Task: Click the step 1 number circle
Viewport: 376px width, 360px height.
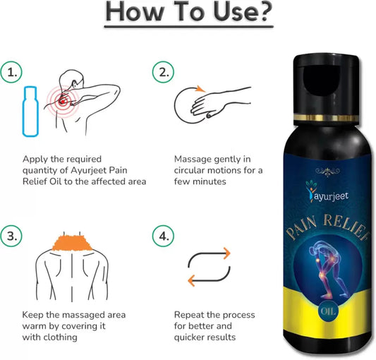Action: (x=11, y=72)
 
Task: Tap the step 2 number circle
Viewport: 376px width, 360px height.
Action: (x=163, y=72)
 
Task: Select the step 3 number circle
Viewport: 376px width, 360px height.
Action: (x=11, y=236)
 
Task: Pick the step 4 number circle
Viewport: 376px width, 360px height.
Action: (x=163, y=236)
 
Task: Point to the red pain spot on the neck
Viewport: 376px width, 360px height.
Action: (x=63, y=101)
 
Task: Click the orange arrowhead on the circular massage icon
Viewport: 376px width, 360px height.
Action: (x=200, y=89)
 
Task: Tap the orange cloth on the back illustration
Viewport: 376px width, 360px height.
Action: (x=73, y=243)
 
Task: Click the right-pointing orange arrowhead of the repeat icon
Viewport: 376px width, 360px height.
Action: (x=226, y=253)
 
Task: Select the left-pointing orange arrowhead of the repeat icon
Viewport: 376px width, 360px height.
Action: (x=191, y=280)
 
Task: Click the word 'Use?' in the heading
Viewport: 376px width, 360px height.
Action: (x=243, y=12)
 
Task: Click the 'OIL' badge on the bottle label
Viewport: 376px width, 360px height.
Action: (x=328, y=311)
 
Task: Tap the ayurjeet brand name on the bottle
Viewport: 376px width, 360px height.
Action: (x=330, y=196)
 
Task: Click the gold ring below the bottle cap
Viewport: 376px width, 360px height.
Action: (x=326, y=118)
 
